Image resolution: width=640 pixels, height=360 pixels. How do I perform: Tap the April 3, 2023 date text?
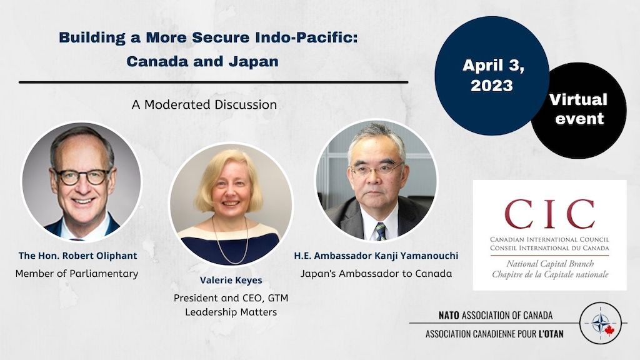pos(493,75)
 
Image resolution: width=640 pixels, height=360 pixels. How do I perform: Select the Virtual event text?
pos(578,109)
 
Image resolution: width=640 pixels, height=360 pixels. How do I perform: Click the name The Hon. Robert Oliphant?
pos(77,256)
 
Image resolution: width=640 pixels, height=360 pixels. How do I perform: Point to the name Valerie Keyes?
pos(231,281)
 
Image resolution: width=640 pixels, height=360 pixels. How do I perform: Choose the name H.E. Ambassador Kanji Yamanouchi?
pos(376,256)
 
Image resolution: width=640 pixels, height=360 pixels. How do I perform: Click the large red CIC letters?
pos(549,214)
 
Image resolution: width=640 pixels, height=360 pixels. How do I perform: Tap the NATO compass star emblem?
pos(599,323)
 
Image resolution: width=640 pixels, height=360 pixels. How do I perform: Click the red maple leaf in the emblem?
pos(609,330)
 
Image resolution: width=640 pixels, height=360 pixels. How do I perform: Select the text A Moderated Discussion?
pos(204,104)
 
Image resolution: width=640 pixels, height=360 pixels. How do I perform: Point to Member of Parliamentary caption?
pos(77,274)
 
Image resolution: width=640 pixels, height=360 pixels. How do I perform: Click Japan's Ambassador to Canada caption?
pos(376,274)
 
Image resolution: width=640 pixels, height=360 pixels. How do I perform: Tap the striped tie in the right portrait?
pos(381,231)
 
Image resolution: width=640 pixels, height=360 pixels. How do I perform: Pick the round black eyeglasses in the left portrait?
pos(83,177)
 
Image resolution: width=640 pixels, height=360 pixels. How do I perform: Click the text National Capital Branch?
pos(550,264)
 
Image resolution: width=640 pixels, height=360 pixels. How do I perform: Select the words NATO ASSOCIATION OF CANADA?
pos(496,315)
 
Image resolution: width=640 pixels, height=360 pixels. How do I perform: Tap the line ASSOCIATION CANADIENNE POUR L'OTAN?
pos(494,334)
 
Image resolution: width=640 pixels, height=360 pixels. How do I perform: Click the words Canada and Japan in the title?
pos(202,62)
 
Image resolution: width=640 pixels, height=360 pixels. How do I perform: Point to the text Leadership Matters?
pos(231,312)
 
